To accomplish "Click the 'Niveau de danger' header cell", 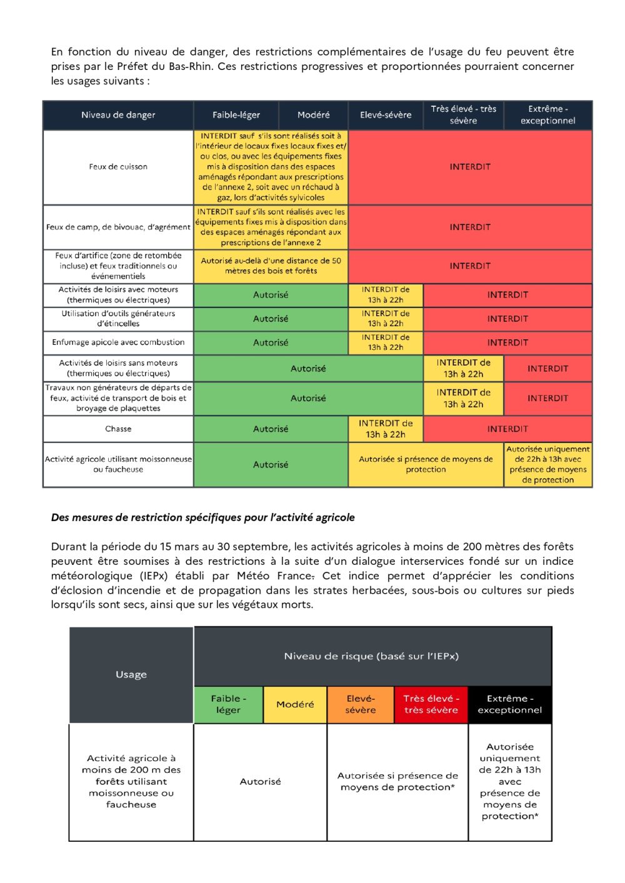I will tap(118, 115).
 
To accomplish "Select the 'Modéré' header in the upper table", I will tap(313, 115).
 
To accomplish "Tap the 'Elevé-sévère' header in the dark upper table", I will tap(386, 115).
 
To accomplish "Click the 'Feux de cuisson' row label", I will tap(118, 167).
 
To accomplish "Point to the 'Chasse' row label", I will tap(118, 429).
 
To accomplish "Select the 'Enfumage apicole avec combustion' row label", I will tap(118, 342).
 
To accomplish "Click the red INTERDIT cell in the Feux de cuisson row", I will tap(470, 167).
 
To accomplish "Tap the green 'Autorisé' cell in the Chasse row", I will tap(271, 429).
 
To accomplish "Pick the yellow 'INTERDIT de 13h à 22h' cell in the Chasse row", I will tap(386, 429).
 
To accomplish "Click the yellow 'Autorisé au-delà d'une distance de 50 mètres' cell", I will tap(271, 266).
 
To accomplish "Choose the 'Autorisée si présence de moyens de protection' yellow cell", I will tap(426, 464).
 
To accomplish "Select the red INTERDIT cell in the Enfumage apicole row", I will tap(507, 342).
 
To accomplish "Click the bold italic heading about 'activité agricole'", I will tap(203, 517).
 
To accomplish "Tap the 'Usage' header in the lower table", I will tap(131, 674).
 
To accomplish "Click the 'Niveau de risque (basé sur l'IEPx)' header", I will tap(372, 656).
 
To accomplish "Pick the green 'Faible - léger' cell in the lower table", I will tap(228, 704).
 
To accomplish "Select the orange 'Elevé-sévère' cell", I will tap(361, 704).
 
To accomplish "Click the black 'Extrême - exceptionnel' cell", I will tap(510, 704).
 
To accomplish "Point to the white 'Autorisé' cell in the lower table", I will tap(260, 782).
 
